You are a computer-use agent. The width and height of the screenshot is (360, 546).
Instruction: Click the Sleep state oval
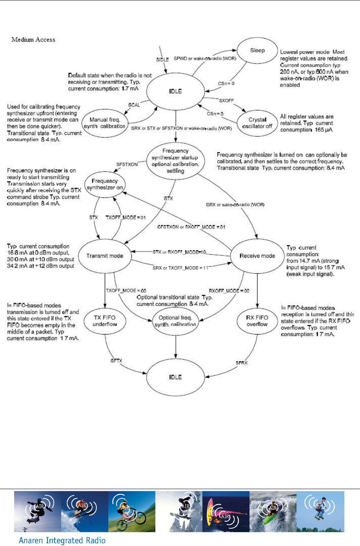coord(257,50)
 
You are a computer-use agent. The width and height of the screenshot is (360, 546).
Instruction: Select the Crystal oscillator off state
coord(257,123)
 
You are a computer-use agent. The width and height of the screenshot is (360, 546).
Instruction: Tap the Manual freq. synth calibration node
coord(104,123)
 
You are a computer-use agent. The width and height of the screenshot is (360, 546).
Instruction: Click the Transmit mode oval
coord(105,256)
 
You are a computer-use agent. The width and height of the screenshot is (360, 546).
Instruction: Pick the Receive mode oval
coord(257,256)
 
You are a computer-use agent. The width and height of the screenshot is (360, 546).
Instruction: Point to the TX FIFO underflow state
coord(105,321)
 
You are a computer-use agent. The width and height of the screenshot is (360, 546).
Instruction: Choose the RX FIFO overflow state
coord(257,321)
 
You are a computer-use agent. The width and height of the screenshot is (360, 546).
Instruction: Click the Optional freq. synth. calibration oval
coord(175,321)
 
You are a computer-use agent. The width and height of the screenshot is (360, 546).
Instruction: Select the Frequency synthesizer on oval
coord(105,184)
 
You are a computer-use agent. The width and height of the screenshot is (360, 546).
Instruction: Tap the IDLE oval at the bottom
coord(175,377)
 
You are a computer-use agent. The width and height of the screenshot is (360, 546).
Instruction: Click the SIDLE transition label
coord(162,60)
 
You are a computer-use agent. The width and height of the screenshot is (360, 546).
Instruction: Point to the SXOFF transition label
coord(226,101)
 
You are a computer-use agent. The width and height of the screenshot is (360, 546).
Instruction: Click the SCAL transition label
coord(134,105)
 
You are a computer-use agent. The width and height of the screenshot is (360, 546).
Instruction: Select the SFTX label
coord(116,360)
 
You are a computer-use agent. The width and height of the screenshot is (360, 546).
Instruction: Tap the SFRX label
coord(242,363)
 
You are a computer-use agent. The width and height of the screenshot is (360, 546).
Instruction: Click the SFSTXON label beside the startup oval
coord(127,165)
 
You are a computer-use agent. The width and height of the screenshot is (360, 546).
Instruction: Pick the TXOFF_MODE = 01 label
coord(126,218)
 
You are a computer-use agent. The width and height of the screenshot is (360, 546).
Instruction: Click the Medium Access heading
coord(33,40)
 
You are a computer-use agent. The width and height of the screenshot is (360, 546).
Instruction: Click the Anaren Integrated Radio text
coord(62,540)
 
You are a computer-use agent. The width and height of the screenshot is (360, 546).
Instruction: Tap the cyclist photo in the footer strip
coord(132,512)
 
